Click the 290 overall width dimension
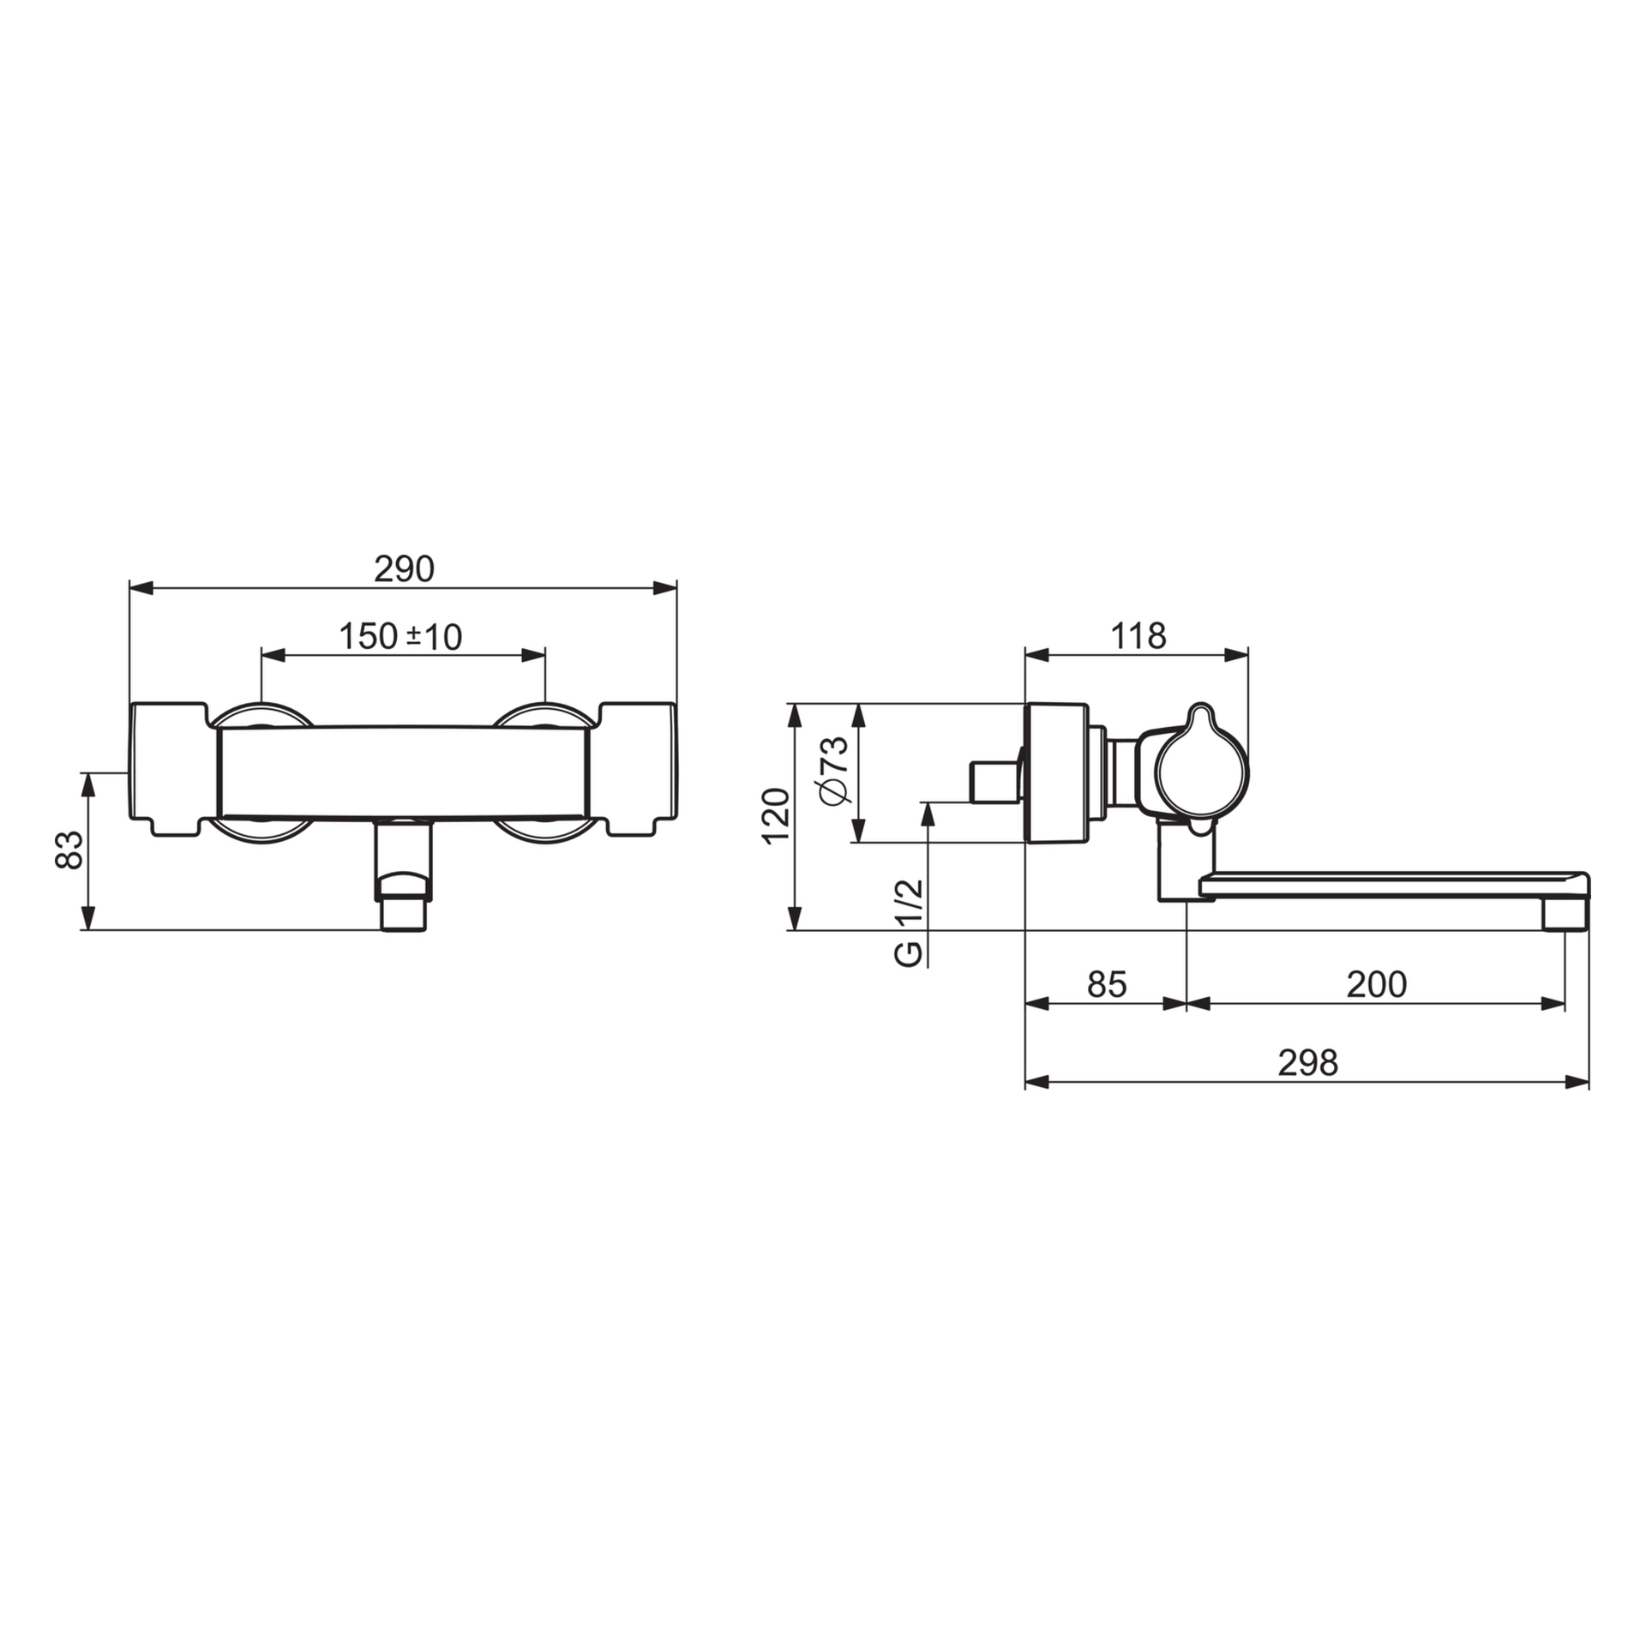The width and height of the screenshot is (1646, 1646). click(404, 569)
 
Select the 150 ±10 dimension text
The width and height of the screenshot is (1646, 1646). click(400, 637)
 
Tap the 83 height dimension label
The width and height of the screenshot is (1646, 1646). click(69, 850)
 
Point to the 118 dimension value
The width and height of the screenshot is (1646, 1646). click(1138, 636)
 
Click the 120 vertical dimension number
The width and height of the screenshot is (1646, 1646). click(776, 816)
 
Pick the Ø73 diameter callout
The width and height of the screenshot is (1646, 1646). click(834, 770)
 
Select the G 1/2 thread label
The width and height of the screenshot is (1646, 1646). click(909, 923)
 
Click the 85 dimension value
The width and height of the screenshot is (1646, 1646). click(1107, 985)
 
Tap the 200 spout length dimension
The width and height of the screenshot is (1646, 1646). click(1377, 985)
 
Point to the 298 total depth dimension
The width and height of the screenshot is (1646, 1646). click(1308, 1063)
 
